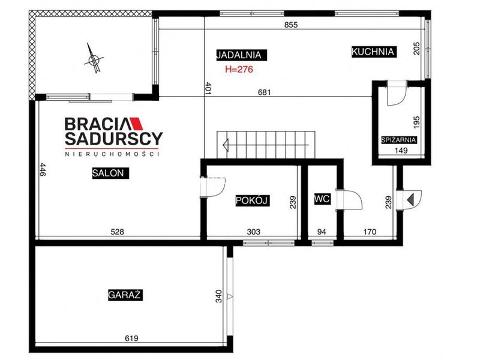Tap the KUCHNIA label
(x=373, y=52)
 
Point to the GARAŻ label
(x=125, y=295)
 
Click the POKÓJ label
(x=252, y=200)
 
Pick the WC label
(x=322, y=199)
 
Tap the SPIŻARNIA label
(x=399, y=140)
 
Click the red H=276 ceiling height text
(x=239, y=70)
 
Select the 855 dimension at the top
(x=291, y=25)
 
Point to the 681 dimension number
(x=264, y=92)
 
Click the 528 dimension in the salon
(x=117, y=232)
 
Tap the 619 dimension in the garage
(x=131, y=338)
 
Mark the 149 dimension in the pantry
(x=401, y=151)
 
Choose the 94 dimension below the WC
(x=322, y=232)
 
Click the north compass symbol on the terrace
(x=94, y=58)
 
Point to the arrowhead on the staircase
(x=226, y=145)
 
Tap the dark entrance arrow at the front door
(x=410, y=199)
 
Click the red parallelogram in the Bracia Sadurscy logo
(x=137, y=124)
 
